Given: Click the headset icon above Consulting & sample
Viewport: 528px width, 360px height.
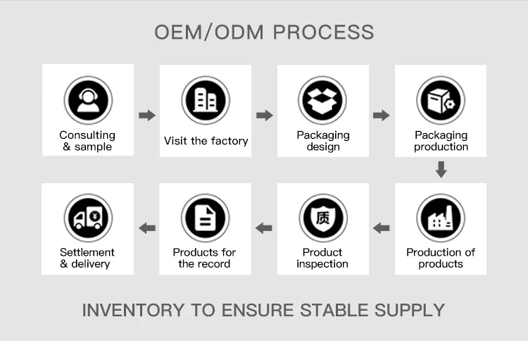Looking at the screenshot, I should (88, 100).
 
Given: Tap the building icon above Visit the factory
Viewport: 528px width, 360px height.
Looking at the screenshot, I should (206, 100).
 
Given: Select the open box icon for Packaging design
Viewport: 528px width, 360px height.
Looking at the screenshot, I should (323, 100).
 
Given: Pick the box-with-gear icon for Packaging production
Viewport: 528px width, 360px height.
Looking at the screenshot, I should (441, 100).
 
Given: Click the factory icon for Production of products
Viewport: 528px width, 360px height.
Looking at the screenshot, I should (441, 218).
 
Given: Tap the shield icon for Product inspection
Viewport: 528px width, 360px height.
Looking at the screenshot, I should (323, 218).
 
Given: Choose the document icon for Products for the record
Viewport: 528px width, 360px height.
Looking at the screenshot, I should (206, 218).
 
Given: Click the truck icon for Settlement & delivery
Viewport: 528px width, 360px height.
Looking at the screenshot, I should (88, 218).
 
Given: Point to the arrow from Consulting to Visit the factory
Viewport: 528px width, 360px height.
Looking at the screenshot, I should (147, 115).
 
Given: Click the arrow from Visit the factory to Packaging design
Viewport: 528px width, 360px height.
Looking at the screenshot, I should (265, 115).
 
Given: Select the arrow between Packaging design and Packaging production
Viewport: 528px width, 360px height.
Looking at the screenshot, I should (382, 115).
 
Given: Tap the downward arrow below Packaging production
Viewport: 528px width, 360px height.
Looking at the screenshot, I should (441, 169).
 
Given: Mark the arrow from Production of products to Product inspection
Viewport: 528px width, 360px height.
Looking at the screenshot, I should (382, 228).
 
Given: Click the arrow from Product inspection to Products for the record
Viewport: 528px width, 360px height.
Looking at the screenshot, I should (265, 228).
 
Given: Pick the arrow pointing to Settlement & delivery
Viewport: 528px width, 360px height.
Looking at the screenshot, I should (147, 228).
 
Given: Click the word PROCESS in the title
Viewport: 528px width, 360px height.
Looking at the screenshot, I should (323, 32).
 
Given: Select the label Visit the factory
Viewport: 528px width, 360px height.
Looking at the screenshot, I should (206, 141).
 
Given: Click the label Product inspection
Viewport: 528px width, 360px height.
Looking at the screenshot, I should (322, 258).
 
